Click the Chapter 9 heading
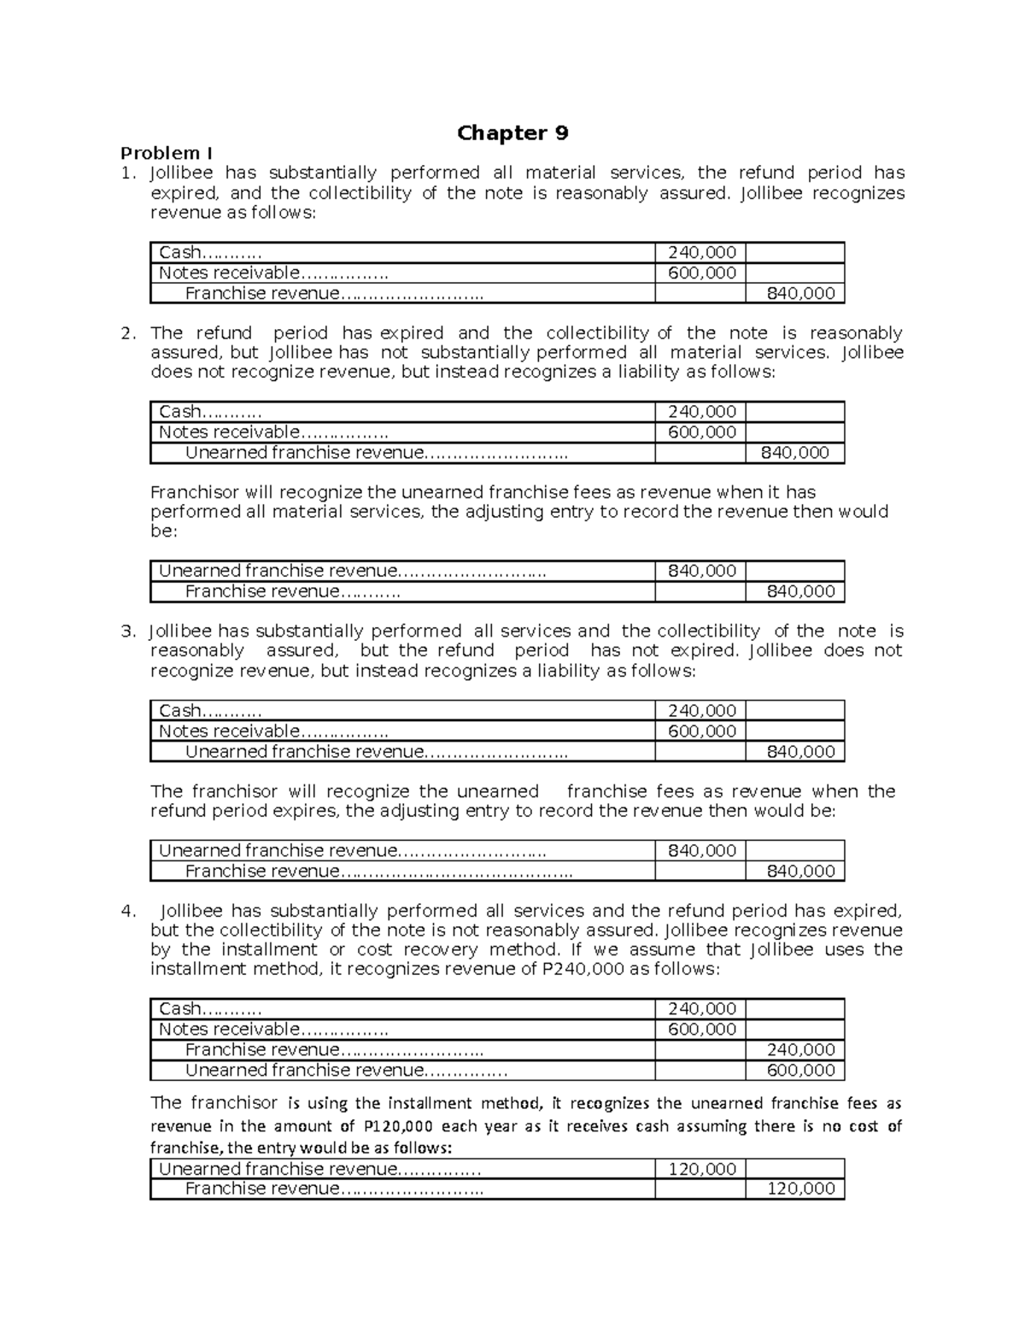[x=512, y=133]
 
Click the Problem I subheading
[x=167, y=154]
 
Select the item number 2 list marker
[x=128, y=333]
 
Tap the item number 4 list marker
[x=128, y=911]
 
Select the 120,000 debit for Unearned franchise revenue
[x=701, y=1169]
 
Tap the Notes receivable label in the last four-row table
[x=229, y=1030]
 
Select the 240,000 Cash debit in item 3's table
[x=701, y=711]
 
